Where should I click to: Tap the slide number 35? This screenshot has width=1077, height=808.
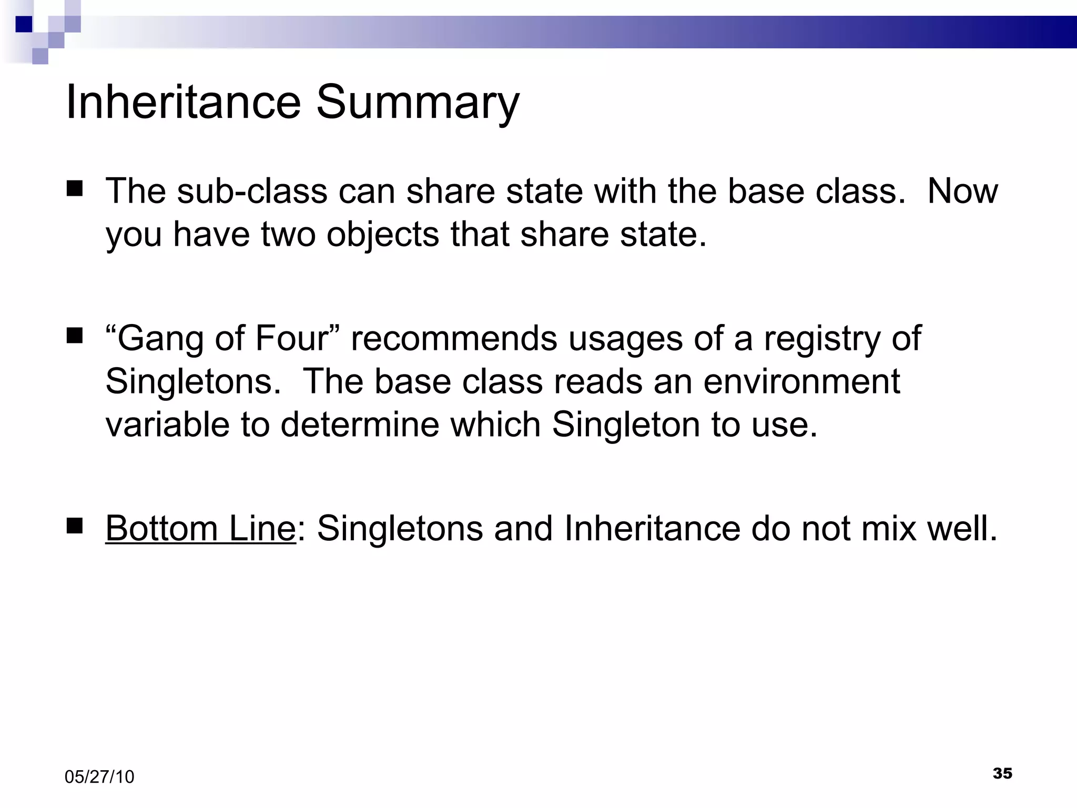tap(1002, 773)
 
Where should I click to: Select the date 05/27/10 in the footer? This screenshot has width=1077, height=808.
tap(99, 777)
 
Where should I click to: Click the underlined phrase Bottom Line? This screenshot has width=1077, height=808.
tap(200, 528)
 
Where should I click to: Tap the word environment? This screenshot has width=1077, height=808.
tap(801, 381)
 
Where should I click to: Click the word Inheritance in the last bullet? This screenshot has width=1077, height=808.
tap(652, 528)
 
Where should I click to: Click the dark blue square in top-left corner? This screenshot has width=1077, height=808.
tap(24, 24)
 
